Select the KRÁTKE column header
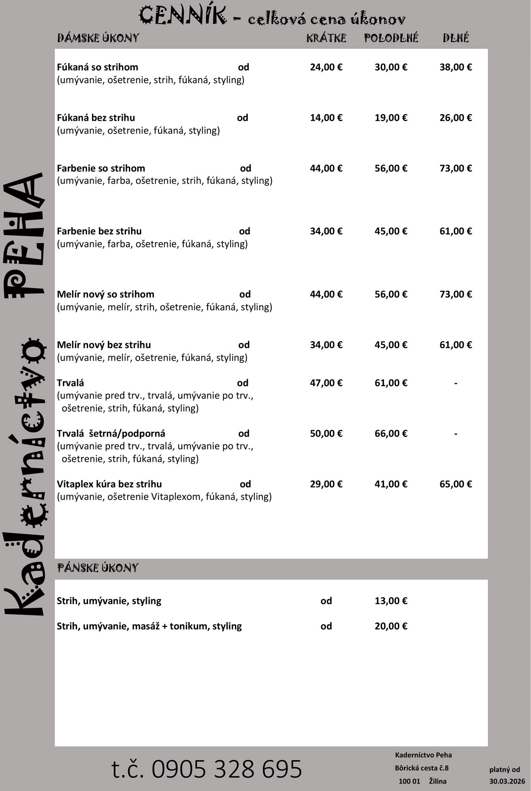326,38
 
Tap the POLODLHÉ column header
391,38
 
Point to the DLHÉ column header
456,38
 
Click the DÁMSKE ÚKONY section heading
98,38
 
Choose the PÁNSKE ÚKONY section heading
98,568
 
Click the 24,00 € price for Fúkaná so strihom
326,67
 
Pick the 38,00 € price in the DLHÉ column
456,67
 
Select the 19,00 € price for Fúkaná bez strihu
391,118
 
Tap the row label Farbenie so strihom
101,168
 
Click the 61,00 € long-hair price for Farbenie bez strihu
456,231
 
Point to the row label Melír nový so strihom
105,294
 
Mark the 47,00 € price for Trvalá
326,383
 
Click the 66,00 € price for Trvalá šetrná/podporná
391,433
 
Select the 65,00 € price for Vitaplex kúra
456,484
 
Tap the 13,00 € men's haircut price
391,601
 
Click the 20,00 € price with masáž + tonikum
391,626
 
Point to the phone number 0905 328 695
207,768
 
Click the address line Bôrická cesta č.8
422,768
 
